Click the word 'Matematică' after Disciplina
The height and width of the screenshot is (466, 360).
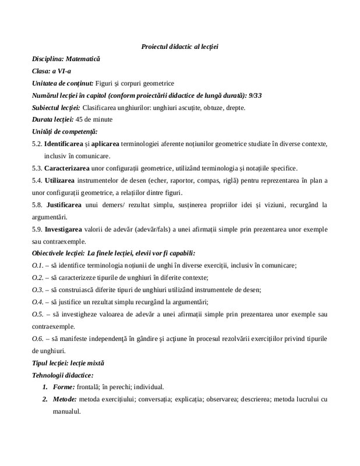tap(83, 59)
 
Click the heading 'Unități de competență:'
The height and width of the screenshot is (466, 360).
tap(65, 132)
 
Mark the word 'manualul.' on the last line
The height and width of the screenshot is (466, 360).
tap(65, 411)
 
